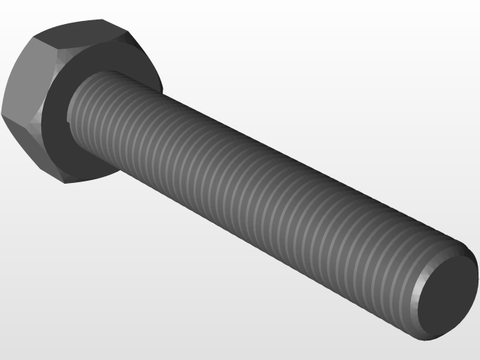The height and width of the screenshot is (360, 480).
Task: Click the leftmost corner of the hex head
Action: click(3, 112)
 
